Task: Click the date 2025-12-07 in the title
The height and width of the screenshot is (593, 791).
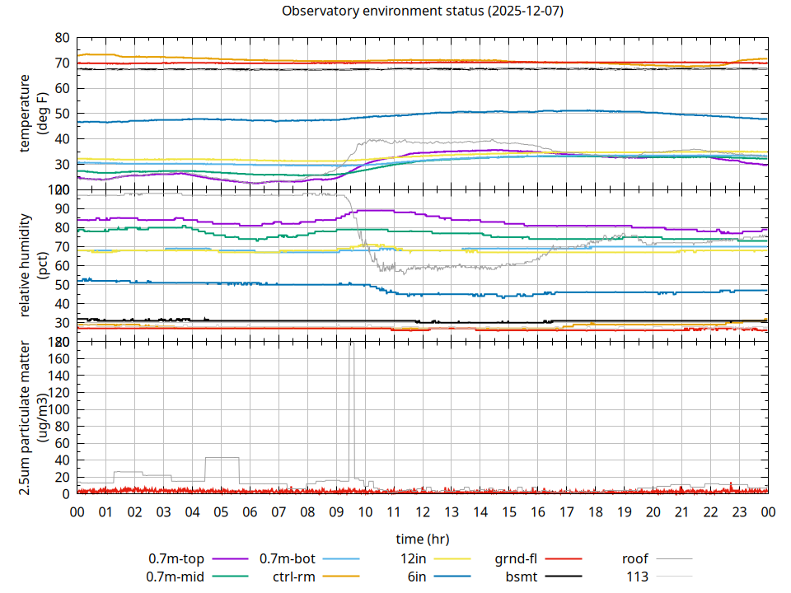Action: point(524,12)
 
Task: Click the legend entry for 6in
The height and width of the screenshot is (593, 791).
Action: point(417,577)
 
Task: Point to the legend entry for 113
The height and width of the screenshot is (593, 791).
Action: point(638,577)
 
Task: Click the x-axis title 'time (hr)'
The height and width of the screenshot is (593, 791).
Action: point(422,539)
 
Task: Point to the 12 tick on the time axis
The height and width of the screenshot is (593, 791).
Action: point(423,511)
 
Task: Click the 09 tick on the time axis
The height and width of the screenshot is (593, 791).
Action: point(336,511)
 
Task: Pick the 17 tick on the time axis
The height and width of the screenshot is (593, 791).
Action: point(567,511)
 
